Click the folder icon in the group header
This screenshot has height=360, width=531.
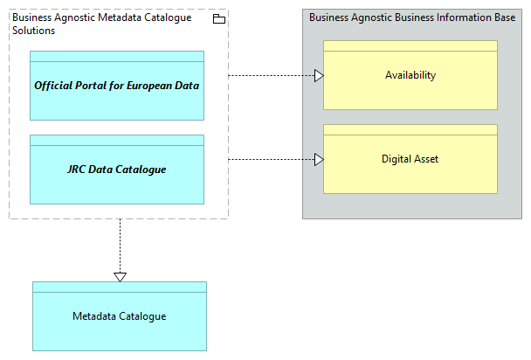218,19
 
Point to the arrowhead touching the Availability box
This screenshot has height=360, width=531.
319,76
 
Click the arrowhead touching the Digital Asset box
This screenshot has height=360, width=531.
319,160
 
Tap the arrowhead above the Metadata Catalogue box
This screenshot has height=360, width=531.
121,277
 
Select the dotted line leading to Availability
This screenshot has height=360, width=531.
271,76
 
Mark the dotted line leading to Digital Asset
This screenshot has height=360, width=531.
271,160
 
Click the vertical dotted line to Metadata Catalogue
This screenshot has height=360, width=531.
121,245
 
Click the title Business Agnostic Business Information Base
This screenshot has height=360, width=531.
411,17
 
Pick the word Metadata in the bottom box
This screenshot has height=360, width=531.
94,316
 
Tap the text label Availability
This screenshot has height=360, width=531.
410,75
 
